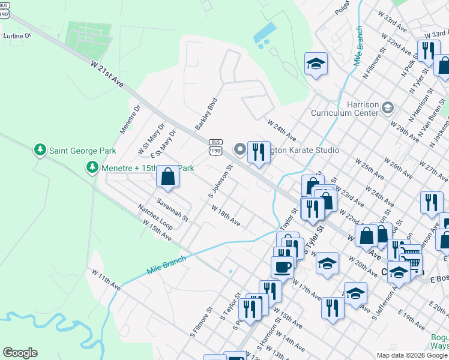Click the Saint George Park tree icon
[x=40, y=150]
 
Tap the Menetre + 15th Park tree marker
[x=92, y=167]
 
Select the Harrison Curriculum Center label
[x=346, y=109]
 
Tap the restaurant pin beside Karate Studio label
[x=259, y=152]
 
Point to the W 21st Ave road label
[x=107, y=74]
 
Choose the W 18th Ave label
[x=226, y=215]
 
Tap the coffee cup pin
[x=282, y=266]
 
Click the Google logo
[x=20, y=353]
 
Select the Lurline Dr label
[x=16, y=36]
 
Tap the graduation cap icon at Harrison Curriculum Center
[x=387, y=107]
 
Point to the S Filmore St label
[x=202, y=322]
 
